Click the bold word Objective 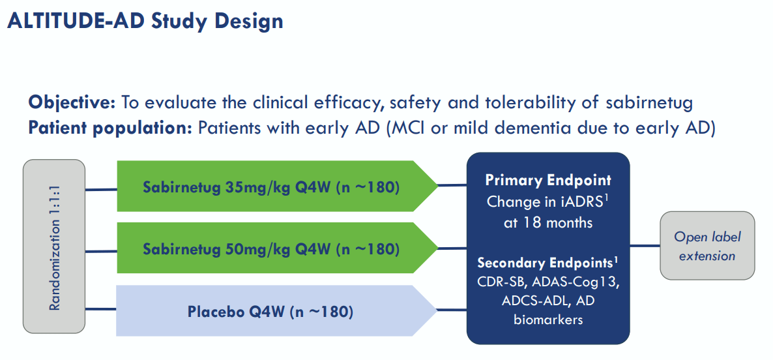[x=71, y=102]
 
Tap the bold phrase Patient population [x=110, y=127]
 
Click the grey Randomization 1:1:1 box [x=54, y=247]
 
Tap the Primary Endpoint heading [x=547, y=181]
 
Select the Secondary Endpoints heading [x=544, y=263]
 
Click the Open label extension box [x=707, y=247]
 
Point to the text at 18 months [x=547, y=222]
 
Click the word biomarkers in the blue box [x=547, y=320]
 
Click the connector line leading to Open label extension [x=645, y=247]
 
